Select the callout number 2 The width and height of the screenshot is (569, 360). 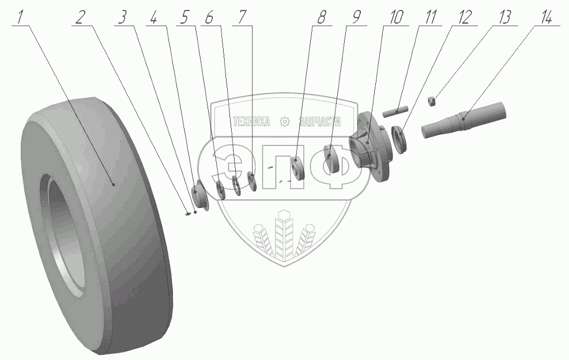pyautogui.click(x=81, y=17)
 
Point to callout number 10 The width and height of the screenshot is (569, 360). pyautogui.click(x=396, y=17)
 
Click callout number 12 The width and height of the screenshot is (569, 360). pyautogui.click(x=465, y=17)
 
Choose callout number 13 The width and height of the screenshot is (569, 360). pyautogui.click(x=504, y=17)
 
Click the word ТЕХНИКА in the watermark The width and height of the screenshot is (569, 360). pyautogui.click(x=251, y=122)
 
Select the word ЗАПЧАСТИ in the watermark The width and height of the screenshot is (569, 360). pyautogui.click(x=321, y=122)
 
